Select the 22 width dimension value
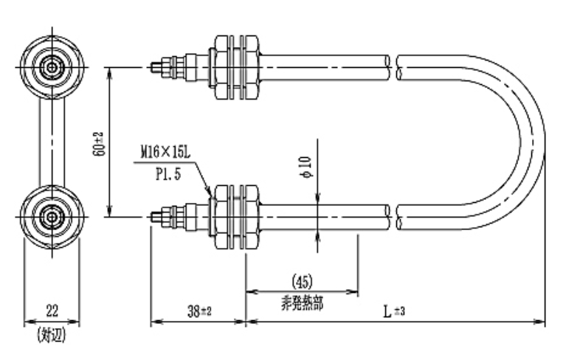pos(52,311)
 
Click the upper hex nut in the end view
pos(52,67)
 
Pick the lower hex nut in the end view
pos(52,217)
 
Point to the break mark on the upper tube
pos(395,67)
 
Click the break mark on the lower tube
pos(395,217)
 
